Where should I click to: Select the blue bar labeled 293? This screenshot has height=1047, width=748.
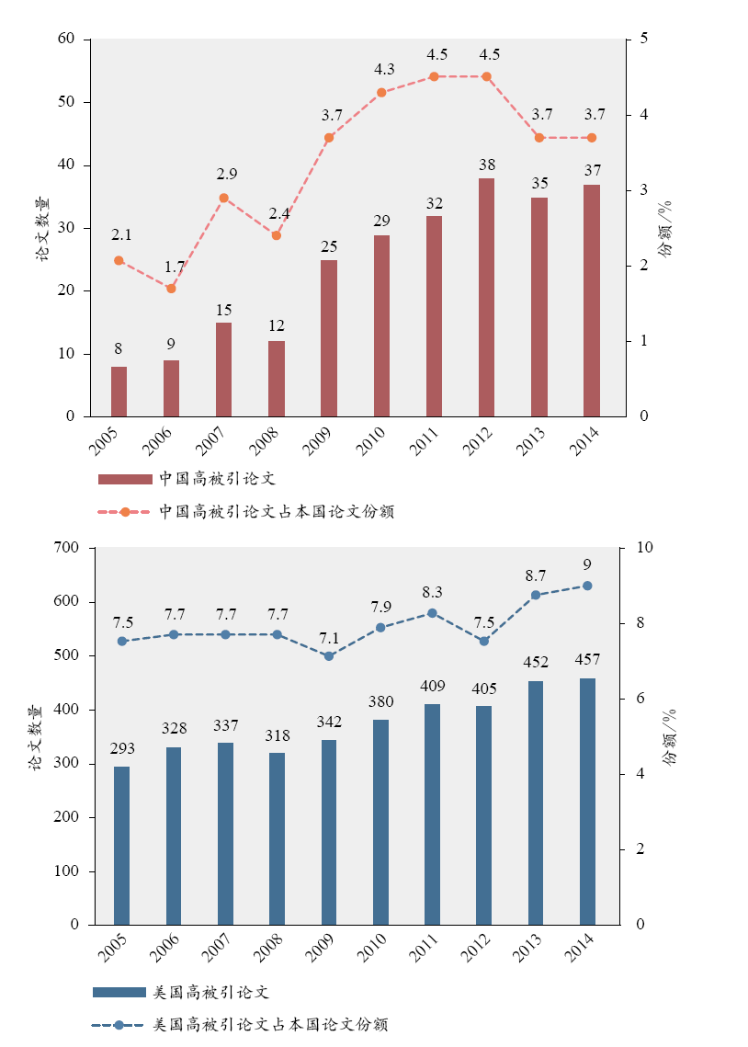(121, 845)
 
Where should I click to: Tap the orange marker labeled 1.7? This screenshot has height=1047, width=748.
(171, 288)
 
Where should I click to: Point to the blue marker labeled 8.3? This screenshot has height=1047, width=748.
(432, 613)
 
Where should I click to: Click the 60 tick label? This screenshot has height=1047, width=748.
(65, 40)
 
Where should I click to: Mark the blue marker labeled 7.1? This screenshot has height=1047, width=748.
(329, 655)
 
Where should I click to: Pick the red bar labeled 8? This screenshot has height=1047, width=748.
(119, 392)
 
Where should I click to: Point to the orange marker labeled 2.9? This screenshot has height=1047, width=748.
(223, 198)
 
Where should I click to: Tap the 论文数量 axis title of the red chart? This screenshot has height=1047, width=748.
(42, 229)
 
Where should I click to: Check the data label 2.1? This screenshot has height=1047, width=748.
(119, 236)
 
